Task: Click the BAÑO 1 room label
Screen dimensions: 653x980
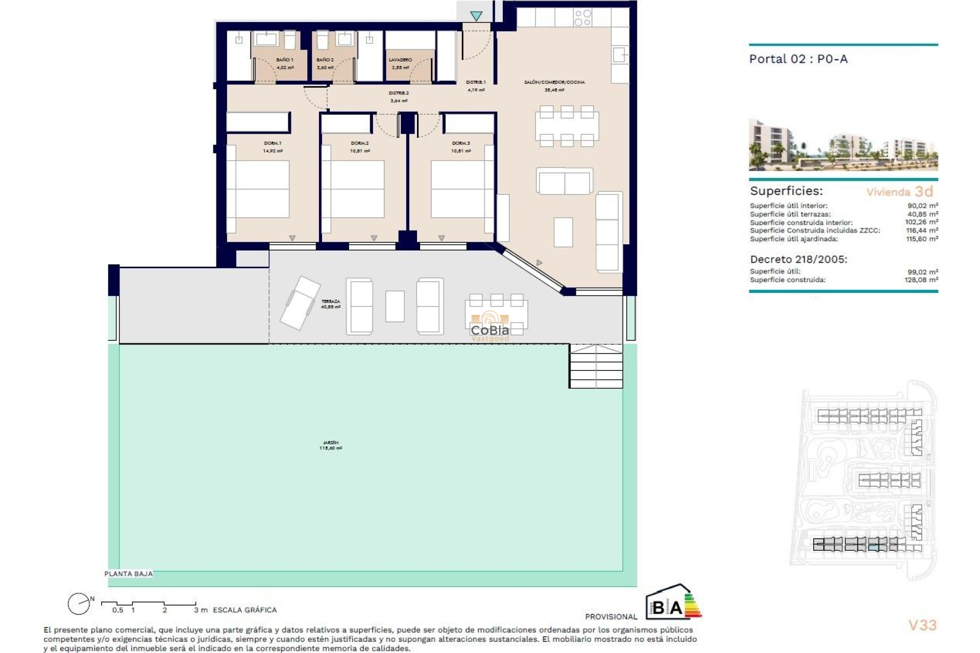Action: coord(284,60)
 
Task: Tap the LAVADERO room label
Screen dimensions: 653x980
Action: coord(400,60)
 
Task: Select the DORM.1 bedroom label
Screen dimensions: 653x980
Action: coord(273,143)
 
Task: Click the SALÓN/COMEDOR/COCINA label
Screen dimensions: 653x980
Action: coord(554,82)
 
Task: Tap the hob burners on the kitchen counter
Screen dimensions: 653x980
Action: coord(582,18)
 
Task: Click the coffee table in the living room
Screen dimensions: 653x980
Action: coord(563,232)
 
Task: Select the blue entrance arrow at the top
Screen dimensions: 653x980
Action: coord(476,16)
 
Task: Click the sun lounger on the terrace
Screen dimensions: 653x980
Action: coord(300,303)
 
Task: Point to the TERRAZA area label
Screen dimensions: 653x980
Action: coord(330,302)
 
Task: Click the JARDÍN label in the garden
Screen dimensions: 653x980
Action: coord(330,443)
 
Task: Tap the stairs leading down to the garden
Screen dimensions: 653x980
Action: coord(596,366)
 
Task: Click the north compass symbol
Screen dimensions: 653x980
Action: coord(79,604)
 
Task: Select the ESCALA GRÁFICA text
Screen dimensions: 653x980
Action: coord(244,610)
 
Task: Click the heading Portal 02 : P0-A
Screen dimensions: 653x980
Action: coord(798,59)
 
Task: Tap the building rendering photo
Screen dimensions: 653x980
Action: coord(843,145)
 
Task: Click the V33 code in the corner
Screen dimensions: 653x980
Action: coord(922,625)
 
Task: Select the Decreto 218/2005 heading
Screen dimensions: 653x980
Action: coord(798,259)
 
